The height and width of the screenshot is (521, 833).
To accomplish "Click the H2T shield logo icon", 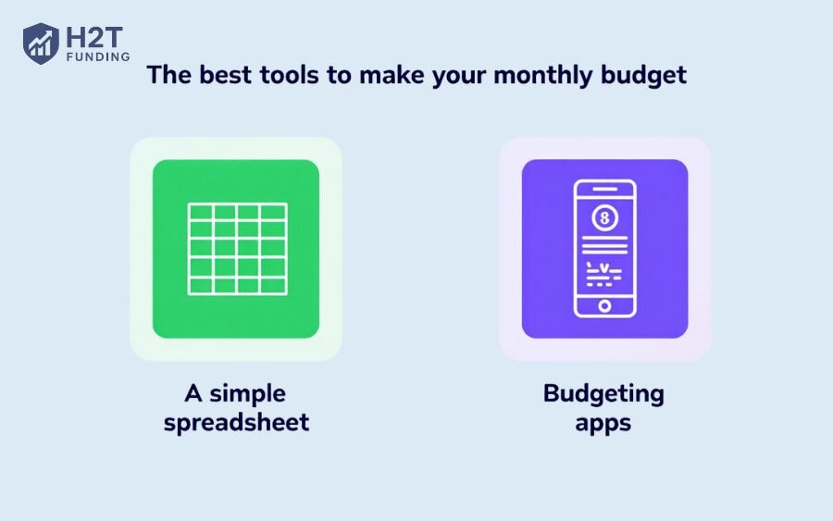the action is pos(41,43).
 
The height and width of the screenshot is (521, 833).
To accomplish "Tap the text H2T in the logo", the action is pos(94,37).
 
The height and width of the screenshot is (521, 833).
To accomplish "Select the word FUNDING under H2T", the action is pos(98,56).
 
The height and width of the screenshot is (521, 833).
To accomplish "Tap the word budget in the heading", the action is pos(643,75).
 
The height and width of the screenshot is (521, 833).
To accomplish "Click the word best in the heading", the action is pos(225,75).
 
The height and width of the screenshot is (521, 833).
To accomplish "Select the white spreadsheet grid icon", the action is pos(238,249).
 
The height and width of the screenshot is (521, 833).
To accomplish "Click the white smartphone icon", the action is pos(604,249).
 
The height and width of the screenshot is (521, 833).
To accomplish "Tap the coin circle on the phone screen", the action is pos(604,217).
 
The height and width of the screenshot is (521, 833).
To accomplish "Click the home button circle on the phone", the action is pos(604,306).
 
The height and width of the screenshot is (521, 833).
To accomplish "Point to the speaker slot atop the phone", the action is pos(604,189).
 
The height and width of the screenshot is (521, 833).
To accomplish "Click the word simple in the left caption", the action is pos(247,394).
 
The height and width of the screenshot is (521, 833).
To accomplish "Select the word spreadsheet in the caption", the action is pos(236,423).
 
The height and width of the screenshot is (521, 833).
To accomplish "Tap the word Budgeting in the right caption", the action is pos(603,394).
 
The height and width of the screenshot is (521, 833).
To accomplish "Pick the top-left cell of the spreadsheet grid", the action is pos(201,212).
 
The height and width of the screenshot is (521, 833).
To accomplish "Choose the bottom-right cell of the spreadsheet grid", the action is pos(274,286).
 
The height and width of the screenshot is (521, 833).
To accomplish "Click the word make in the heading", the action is pos(392,75).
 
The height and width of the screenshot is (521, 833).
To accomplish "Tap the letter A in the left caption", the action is pos(193,393).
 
